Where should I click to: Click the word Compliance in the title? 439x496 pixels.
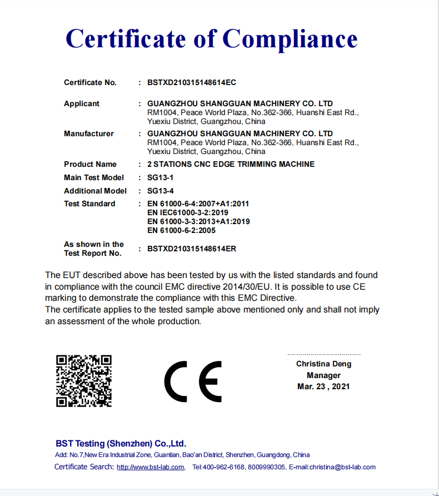click(290, 39)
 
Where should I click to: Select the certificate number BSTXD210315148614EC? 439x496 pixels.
click(192, 82)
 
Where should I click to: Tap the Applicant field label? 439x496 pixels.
click(82, 103)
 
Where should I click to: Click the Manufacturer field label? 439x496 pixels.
click(89, 133)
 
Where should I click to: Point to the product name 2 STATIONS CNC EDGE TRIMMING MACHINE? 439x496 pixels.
click(231, 164)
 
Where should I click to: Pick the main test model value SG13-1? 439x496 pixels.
click(160, 177)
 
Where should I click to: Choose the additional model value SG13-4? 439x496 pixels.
click(160, 191)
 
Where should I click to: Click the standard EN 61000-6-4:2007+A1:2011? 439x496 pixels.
click(198, 204)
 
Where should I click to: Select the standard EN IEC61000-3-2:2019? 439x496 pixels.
click(187, 212)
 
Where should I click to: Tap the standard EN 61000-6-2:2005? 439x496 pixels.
click(181, 230)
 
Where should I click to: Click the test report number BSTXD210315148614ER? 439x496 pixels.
click(192, 249)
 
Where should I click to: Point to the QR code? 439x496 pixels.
click(84, 381)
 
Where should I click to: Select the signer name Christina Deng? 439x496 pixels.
click(323, 364)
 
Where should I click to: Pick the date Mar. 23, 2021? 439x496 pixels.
click(323, 386)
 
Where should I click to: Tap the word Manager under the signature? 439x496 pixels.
click(323, 375)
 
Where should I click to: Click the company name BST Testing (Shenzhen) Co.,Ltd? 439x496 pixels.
click(121, 444)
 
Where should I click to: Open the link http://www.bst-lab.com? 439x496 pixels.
click(150, 467)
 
